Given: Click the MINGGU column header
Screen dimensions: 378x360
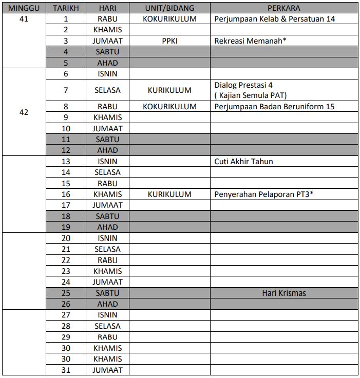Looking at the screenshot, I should (24, 8).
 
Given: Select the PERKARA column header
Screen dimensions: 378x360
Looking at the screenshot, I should (283, 8).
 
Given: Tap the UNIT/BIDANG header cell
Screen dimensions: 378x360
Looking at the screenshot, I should (169, 8).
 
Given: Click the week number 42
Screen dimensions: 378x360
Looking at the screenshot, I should (24, 112).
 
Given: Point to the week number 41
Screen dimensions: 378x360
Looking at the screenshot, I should (24, 19).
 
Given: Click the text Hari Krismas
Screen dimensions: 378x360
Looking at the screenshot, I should (283, 293).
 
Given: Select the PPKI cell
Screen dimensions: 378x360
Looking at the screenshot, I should (169, 41).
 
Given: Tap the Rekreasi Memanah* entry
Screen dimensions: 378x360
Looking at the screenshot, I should (250, 41).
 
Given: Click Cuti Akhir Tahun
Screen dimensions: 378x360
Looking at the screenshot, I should (243, 162).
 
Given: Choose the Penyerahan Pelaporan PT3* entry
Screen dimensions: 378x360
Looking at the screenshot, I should (263, 194).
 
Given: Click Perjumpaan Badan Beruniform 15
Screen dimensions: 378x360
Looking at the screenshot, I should (274, 107).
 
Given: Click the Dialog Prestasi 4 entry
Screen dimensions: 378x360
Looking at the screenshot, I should (243, 85).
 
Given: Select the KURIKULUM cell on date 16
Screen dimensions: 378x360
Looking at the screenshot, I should (169, 194).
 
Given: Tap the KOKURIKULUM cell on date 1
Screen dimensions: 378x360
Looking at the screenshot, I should (169, 19).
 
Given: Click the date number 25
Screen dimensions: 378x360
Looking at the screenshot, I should (66, 293).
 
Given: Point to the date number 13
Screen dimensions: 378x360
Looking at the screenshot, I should (66, 162).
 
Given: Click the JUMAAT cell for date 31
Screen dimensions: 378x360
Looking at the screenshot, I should (107, 370).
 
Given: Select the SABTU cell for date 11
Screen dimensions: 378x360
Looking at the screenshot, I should (107, 140).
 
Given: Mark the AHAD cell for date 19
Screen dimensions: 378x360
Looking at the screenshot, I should (107, 227).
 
